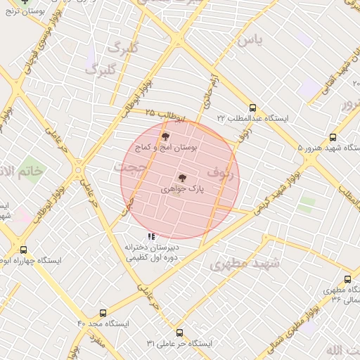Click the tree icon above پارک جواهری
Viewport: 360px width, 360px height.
(x=182, y=179)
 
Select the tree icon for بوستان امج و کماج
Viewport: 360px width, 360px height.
(x=165, y=136)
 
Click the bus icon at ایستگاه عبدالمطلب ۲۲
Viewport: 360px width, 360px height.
(x=252, y=108)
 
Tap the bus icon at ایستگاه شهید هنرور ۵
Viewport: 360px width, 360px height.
(x=333, y=138)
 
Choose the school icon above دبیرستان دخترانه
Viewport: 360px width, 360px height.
(x=151, y=236)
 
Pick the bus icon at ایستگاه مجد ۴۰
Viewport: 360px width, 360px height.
(x=103, y=313)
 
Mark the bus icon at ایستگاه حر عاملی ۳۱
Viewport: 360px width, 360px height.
(x=179, y=333)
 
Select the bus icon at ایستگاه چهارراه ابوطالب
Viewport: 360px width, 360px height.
(x=24, y=250)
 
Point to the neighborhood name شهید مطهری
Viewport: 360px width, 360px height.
(x=245, y=264)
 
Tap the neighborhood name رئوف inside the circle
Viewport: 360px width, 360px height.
(x=221, y=171)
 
